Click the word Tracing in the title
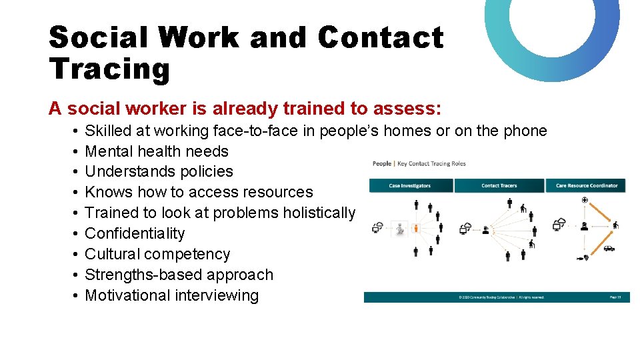(x=109, y=69)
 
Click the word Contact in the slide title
(x=380, y=37)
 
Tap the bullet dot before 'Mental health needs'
(x=77, y=151)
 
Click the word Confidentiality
(x=135, y=233)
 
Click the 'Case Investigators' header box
(x=410, y=185)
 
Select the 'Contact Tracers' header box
(x=499, y=185)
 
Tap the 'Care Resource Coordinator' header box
(x=587, y=185)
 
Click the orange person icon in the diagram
(x=416, y=229)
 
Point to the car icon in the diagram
(x=608, y=249)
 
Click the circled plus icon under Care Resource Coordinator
(x=585, y=200)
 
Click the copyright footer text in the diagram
(x=500, y=297)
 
